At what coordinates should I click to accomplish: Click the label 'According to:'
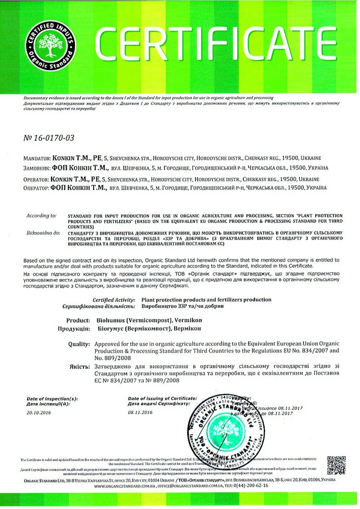coord(41,216)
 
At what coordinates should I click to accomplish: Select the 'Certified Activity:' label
coord(114,300)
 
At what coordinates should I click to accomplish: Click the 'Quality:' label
coord(79,344)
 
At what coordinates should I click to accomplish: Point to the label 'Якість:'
coord(80,366)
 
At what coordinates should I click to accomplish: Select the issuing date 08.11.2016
coord(141,413)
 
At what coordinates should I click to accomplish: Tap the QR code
coord(337,465)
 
